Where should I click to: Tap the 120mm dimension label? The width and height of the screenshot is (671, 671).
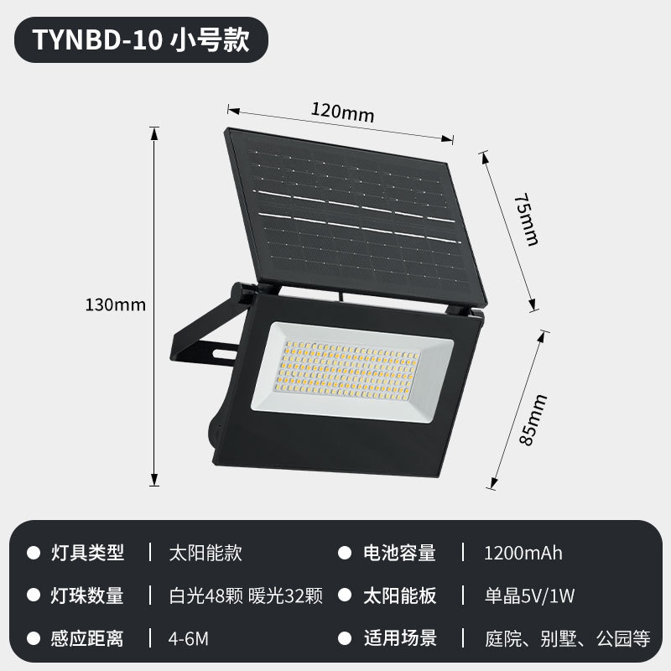point(342,112)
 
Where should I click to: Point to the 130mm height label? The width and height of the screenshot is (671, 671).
point(116,304)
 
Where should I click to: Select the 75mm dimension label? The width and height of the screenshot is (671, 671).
point(526,219)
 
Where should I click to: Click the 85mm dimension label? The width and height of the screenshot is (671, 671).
point(533,420)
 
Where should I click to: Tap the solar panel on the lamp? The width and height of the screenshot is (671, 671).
point(355,216)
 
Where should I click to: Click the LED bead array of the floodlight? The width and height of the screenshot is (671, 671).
point(349,370)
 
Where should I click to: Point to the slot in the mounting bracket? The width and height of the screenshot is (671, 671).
point(225,353)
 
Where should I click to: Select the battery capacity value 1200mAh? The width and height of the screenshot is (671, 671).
point(523,553)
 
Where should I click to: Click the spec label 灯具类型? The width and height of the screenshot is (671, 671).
point(87,553)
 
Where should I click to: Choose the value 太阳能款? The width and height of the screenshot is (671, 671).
point(205,553)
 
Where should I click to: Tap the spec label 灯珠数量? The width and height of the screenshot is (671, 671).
point(87,596)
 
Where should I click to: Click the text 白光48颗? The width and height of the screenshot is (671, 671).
point(205,596)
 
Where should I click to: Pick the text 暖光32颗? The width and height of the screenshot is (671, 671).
point(285,596)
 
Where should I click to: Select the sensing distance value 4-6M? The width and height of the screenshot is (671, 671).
point(188,639)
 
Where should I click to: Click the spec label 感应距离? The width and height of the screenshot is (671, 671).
point(87,638)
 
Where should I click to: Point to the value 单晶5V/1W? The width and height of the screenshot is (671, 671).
point(529,596)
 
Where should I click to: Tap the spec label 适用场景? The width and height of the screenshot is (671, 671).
point(400,638)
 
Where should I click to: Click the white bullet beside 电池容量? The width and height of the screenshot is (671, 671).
point(345,553)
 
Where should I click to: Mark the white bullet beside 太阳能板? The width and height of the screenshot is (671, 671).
point(345,596)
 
